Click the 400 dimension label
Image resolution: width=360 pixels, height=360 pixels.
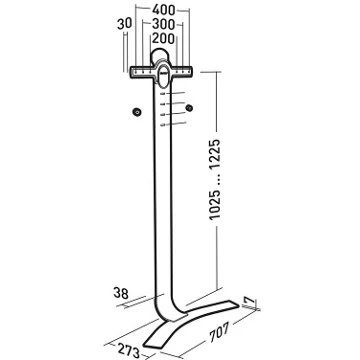[x=163, y=10]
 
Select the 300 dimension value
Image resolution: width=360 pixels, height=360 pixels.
[x=163, y=24]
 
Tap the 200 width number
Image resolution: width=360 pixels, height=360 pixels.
[x=163, y=39]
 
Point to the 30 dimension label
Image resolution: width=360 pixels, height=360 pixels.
[x=125, y=24]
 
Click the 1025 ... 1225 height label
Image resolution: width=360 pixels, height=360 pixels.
[x=215, y=179]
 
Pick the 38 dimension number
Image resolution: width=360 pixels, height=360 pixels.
[x=121, y=293]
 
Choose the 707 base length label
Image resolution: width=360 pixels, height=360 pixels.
[x=219, y=333]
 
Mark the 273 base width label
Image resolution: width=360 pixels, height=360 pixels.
[x=129, y=351]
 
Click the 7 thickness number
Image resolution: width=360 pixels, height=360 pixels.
[x=249, y=302]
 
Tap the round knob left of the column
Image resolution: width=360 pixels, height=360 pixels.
[x=137, y=112]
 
